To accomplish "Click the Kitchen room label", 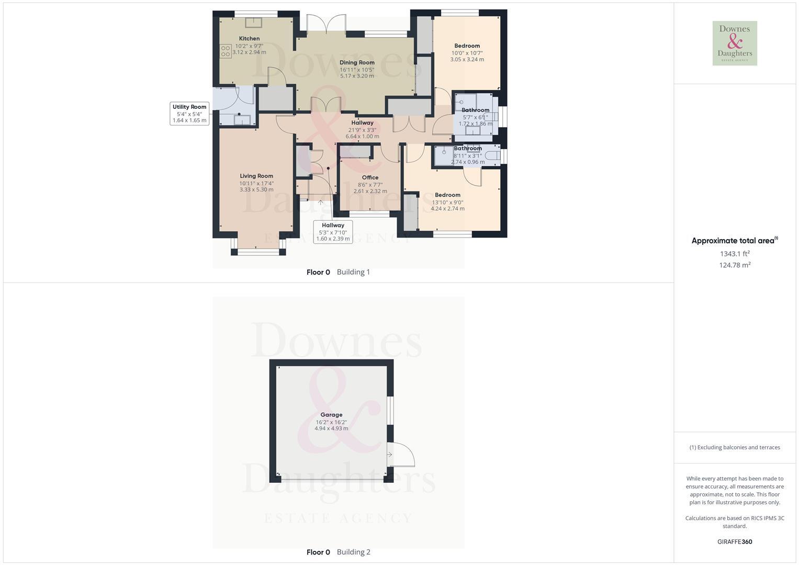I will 249,39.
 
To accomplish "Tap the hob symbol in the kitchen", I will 226,51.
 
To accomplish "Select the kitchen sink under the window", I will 254,22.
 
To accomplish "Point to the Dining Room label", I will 357,63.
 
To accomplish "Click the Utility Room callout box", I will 189,114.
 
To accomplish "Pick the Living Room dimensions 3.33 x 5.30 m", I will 256,189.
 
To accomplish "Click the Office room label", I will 370,178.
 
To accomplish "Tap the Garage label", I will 331,415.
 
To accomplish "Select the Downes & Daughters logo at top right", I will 735,43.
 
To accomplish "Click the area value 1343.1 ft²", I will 735,254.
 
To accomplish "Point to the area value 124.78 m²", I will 735,265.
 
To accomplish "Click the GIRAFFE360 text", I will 735,542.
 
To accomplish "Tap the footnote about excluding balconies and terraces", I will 735,447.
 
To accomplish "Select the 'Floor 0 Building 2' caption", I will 338,552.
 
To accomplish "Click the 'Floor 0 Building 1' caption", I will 338,272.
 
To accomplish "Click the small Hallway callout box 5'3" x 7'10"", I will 333,232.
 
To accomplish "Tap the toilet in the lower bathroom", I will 492,155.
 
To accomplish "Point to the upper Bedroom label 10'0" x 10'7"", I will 467,46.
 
